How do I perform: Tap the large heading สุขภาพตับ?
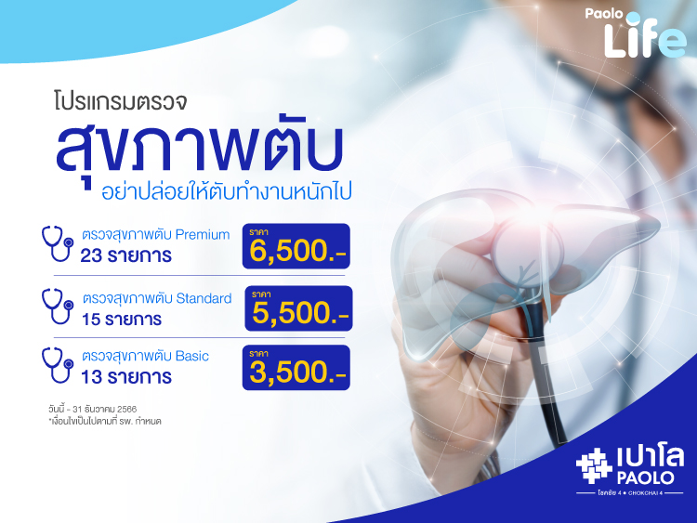pyautogui.click(x=199, y=146)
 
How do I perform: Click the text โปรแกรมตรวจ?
pyautogui.click(x=120, y=101)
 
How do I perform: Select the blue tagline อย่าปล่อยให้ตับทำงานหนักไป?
pyautogui.click(x=226, y=192)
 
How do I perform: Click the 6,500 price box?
pyautogui.click(x=296, y=246)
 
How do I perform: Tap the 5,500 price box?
pyautogui.click(x=298, y=308)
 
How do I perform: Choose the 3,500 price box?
pyautogui.click(x=296, y=368)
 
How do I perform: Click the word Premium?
pyautogui.click(x=203, y=235)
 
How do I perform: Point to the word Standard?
pyautogui.click(x=204, y=298)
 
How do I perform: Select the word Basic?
pyautogui.click(x=192, y=356)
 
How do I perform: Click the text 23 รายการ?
pyautogui.click(x=125, y=256)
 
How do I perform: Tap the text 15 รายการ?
pyautogui.click(x=122, y=320)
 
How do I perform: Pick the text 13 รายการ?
pyautogui.click(x=126, y=377)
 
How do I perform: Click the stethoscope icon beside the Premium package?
pyautogui.click(x=58, y=243)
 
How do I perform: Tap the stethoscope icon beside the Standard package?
pyautogui.click(x=58, y=307)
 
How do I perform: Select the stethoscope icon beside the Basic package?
pyautogui.click(x=58, y=365)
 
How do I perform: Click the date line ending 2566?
pyautogui.click(x=92, y=409)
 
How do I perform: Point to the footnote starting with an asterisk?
pyautogui.click(x=105, y=421)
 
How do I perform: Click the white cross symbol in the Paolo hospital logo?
pyautogui.click(x=594, y=465)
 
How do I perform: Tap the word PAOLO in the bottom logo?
pyautogui.click(x=646, y=478)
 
